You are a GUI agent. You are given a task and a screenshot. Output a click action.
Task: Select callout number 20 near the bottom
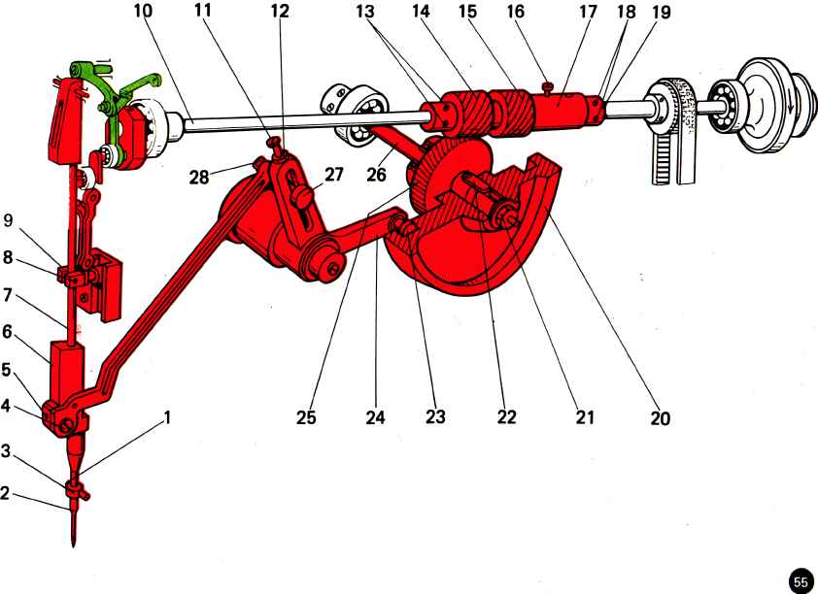tap(661, 419)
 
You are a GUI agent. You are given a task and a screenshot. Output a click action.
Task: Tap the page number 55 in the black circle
tap(801, 581)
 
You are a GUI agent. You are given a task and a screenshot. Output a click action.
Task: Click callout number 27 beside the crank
tap(334, 175)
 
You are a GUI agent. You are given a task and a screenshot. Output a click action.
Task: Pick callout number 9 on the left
tap(10, 219)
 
